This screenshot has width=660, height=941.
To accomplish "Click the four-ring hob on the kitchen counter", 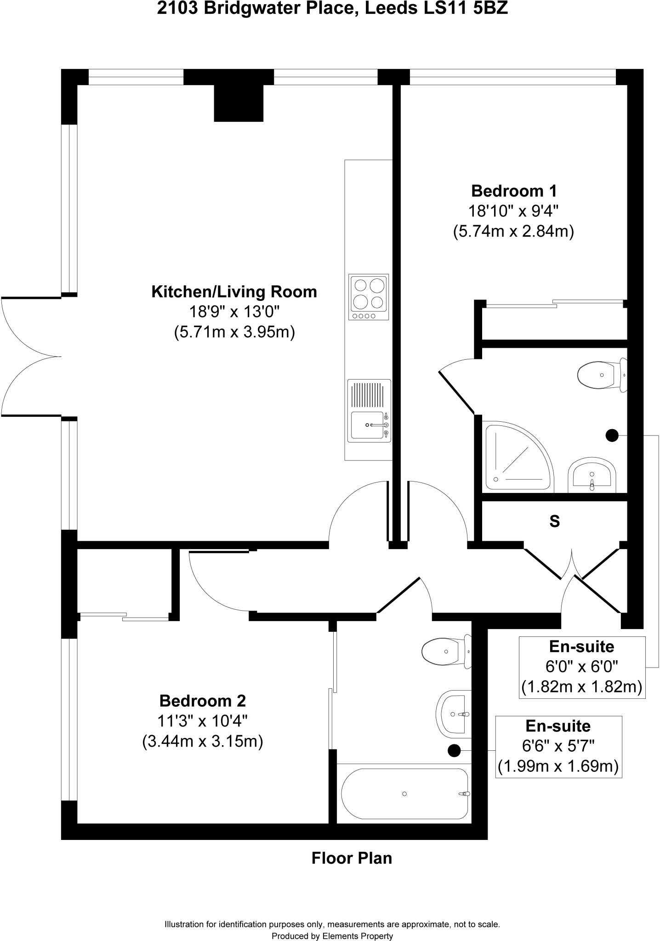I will [369, 297].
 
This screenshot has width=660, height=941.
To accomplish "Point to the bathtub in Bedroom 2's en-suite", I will [404, 794].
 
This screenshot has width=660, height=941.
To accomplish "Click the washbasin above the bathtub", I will [454, 714].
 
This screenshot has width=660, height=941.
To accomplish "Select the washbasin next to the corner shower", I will [592, 473].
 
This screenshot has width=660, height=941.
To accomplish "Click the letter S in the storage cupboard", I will [555, 522].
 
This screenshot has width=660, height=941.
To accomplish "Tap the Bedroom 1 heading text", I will [514, 190].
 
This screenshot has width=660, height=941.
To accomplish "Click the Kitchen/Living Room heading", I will [234, 292].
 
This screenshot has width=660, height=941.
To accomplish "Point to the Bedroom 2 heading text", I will [203, 701].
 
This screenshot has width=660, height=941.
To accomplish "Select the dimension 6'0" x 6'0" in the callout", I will [582, 666].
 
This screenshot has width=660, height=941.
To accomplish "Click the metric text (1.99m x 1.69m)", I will [558, 766].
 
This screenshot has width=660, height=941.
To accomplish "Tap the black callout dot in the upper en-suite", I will [612, 435].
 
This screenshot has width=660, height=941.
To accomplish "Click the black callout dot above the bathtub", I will [454, 751].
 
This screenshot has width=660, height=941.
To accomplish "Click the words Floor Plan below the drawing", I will [352, 858].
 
